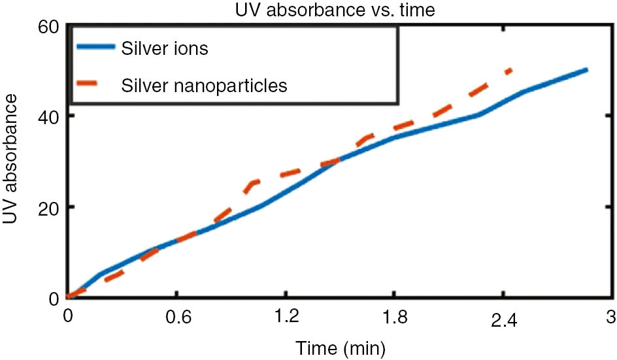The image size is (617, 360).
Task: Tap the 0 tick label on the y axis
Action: pos(54,298)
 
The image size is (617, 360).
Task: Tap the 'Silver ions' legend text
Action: pos(165,49)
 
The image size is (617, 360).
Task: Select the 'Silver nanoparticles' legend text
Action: pos(205,86)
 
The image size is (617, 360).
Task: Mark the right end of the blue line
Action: pos(587,69)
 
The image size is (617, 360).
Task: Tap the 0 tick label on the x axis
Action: pos(67,317)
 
